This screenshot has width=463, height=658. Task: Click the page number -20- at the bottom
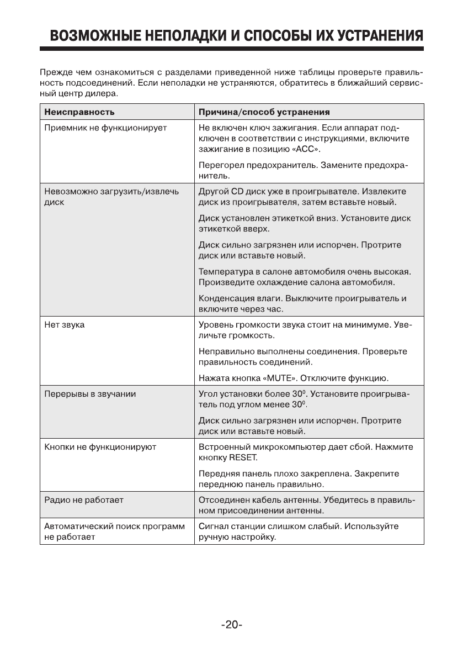(232, 625)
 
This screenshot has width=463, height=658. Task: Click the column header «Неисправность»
(79, 112)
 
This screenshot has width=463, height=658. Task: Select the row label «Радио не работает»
(83, 500)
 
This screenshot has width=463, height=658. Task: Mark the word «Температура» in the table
(224, 272)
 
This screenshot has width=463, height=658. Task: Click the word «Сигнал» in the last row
(213, 526)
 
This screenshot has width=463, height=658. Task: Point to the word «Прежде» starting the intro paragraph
(55, 72)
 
